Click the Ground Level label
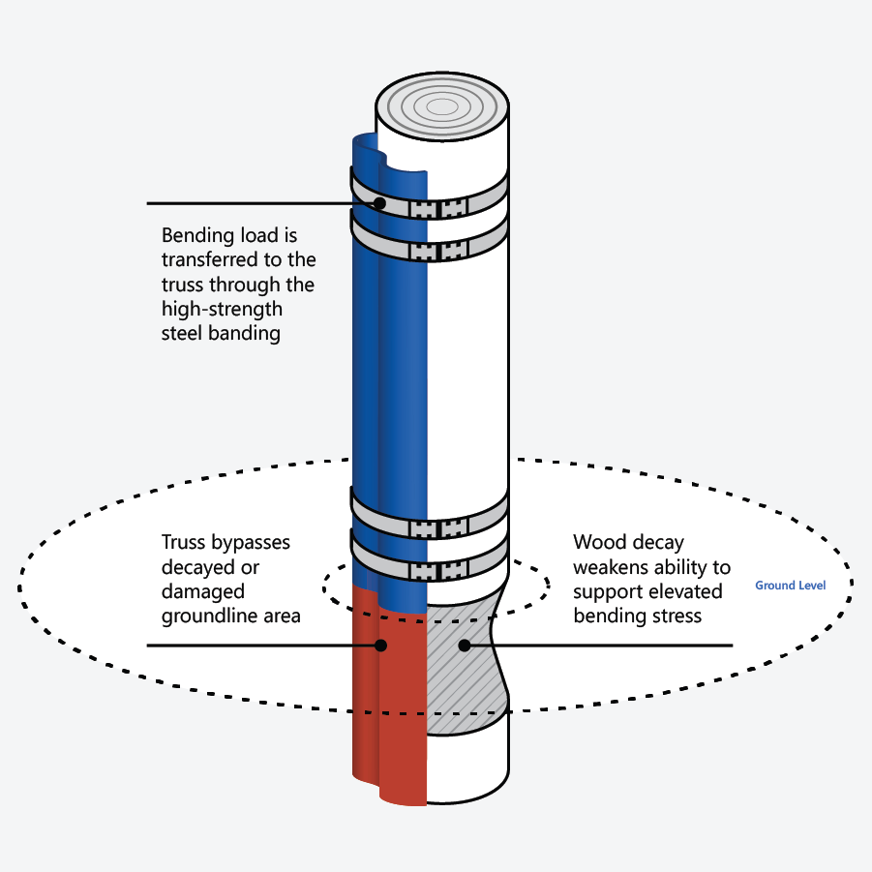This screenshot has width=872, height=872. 790,586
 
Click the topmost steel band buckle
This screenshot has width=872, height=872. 438,208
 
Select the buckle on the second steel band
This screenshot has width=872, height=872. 438,251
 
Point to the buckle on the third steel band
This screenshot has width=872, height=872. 438,529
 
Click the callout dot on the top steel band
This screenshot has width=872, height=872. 379,203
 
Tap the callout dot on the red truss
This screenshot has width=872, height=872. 381,645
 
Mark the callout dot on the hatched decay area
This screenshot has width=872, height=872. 464,645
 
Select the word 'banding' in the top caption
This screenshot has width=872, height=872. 249,334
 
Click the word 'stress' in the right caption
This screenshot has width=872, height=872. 676,616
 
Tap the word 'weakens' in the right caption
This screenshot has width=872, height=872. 610,567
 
